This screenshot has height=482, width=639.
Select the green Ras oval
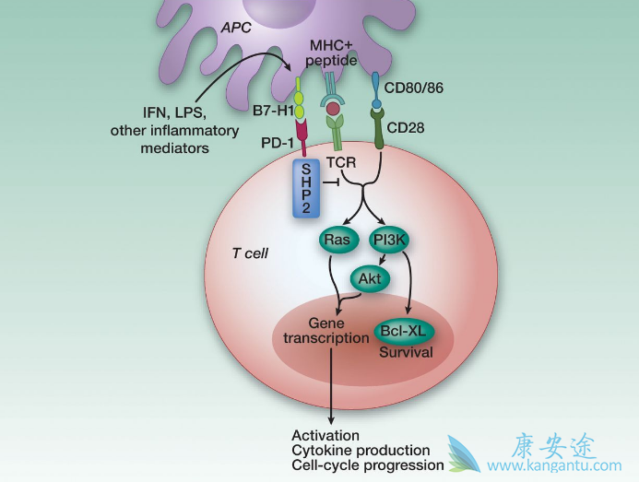click(337, 241)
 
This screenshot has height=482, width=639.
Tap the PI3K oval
click(391, 241)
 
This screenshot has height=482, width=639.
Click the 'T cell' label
click(249, 252)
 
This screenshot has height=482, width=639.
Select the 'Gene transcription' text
click(312, 331)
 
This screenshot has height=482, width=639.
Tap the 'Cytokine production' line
click(361, 450)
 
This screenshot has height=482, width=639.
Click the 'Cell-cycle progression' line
click(367, 465)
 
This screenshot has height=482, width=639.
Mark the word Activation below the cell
click(325, 434)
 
